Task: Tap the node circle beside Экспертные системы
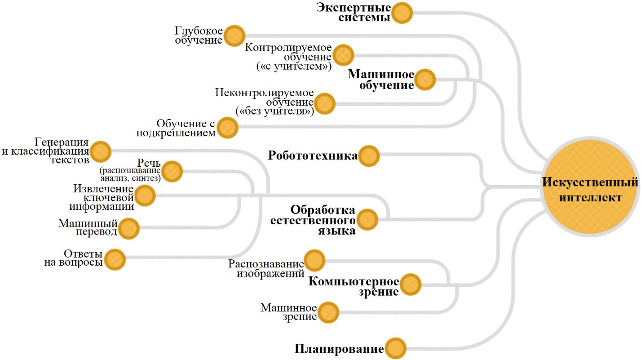coord(402,13)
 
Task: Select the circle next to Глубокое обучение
coord(234,36)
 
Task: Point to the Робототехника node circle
coord(369,156)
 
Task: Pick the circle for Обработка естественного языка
coord(367,220)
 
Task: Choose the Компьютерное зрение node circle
coord(410,284)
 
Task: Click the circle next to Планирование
coord(395,349)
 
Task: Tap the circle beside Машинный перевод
coord(129,228)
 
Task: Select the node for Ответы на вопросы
coord(115,259)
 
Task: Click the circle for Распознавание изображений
coord(314,260)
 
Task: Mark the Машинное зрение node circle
coord(328,311)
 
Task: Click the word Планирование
coord(339,349)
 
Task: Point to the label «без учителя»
coord(274,111)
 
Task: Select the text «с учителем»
coord(294,67)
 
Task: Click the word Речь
coord(149,164)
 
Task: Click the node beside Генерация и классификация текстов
coord(100,151)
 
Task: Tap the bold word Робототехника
coord(313,156)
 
